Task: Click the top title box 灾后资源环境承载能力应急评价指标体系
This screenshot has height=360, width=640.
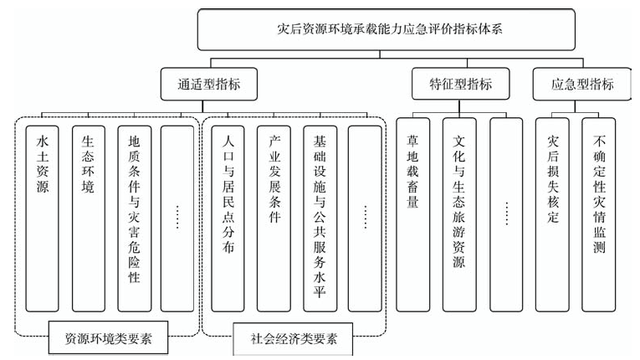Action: pyautogui.click(x=387, y=30)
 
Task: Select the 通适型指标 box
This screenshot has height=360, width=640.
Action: pyautogui.click(x=209, y=85)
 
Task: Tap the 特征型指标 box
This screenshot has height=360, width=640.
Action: pyautogui.click(x=460, y=84)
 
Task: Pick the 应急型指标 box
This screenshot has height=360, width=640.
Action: pyautogui.click(x=582, y=85)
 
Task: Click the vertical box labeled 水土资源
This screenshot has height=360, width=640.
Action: pyautogui.click(x=42, y=219)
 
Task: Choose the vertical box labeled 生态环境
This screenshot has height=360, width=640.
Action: pyautogui.click(x=88, y=219)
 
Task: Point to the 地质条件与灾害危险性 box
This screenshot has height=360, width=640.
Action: pyautogui.click(x=135, y=219)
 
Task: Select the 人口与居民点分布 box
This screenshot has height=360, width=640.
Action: pyautogui.click(x=228, y=219)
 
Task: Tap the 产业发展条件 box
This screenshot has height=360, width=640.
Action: pyautogui.click(x=274, y=219)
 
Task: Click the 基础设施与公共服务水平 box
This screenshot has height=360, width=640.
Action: pyautogui.click(x=320, y=219)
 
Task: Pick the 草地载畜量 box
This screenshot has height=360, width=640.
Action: pyautogui.click(x=412, y=215)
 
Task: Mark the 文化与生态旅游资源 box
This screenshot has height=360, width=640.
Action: pyautogui.click(x=459, y=215)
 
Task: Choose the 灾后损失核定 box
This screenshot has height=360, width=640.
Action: pyautogui.click(x=552, y=215)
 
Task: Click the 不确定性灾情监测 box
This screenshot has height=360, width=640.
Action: pyautogui.click(x=599, y=215)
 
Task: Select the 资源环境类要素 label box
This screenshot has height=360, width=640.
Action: pyautogui.click(x=108, y=337)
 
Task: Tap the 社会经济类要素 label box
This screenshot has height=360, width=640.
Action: pyautogui.click(x=293, y=339)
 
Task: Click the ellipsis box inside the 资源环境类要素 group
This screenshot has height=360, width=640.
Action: pyautogui.click(x=177, y=219)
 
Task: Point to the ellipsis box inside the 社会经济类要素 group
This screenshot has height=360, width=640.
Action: pyautogui.click(x=365, y=219)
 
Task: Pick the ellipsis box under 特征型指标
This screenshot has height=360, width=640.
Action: pyautogui.click(x=506, y=215)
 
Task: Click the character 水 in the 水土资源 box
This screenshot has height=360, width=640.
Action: pyautogui.click(x=43, y=141)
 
